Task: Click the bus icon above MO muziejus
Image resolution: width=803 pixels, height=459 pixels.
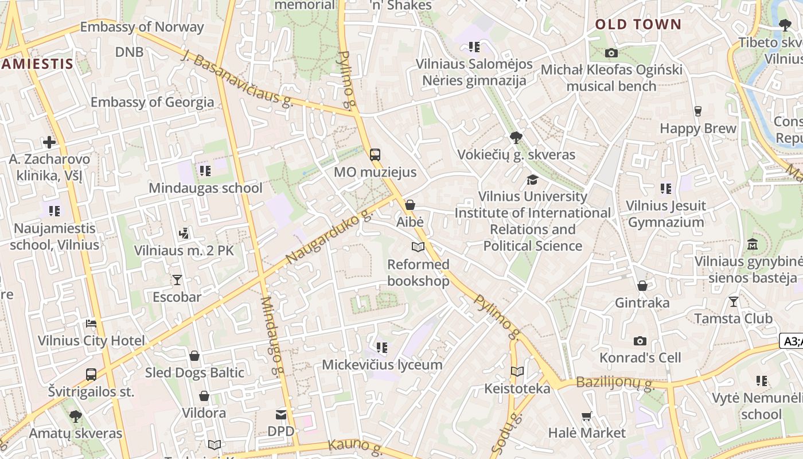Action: pos(375,154)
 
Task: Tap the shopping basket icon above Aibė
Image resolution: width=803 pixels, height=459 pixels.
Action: pos(410,205)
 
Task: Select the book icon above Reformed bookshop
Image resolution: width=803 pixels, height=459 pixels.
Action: pos(418,247)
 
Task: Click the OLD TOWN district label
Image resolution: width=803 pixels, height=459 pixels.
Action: pos(638,25)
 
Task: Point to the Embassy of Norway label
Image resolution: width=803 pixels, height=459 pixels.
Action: pos(142,27)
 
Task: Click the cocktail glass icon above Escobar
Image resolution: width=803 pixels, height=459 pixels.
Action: pos(177,280)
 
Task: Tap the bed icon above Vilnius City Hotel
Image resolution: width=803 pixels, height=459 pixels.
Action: pos(91,324)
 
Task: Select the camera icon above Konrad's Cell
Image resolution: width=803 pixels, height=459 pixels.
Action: pos(640,341)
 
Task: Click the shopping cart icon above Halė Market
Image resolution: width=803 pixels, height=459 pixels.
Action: pos(586,416)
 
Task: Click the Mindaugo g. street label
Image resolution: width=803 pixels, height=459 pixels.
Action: pos(272,336)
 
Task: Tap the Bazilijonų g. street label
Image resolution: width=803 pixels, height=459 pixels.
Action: pos(615,383)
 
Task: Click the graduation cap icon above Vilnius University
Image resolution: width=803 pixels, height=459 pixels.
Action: pos(532,180)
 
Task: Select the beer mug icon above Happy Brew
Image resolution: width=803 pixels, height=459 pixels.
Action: pos(698,111)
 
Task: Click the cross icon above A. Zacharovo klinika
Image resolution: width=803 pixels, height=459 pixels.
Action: pos(49,142)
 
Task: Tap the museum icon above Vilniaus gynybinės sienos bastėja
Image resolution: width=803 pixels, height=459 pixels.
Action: pos(753,244)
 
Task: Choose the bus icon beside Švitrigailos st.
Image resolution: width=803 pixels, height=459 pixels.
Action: pos(91,375)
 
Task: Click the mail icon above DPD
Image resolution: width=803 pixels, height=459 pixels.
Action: pos(281,414)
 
